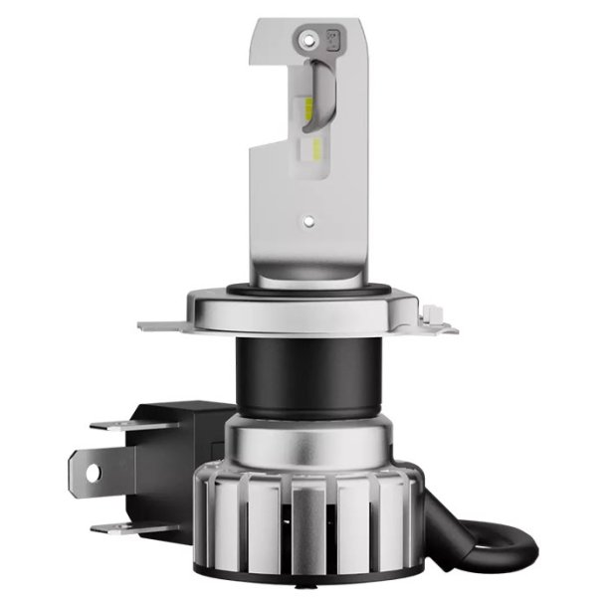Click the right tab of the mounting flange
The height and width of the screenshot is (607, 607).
click(436, 318)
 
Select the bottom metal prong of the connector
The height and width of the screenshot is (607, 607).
click(119, 526)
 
